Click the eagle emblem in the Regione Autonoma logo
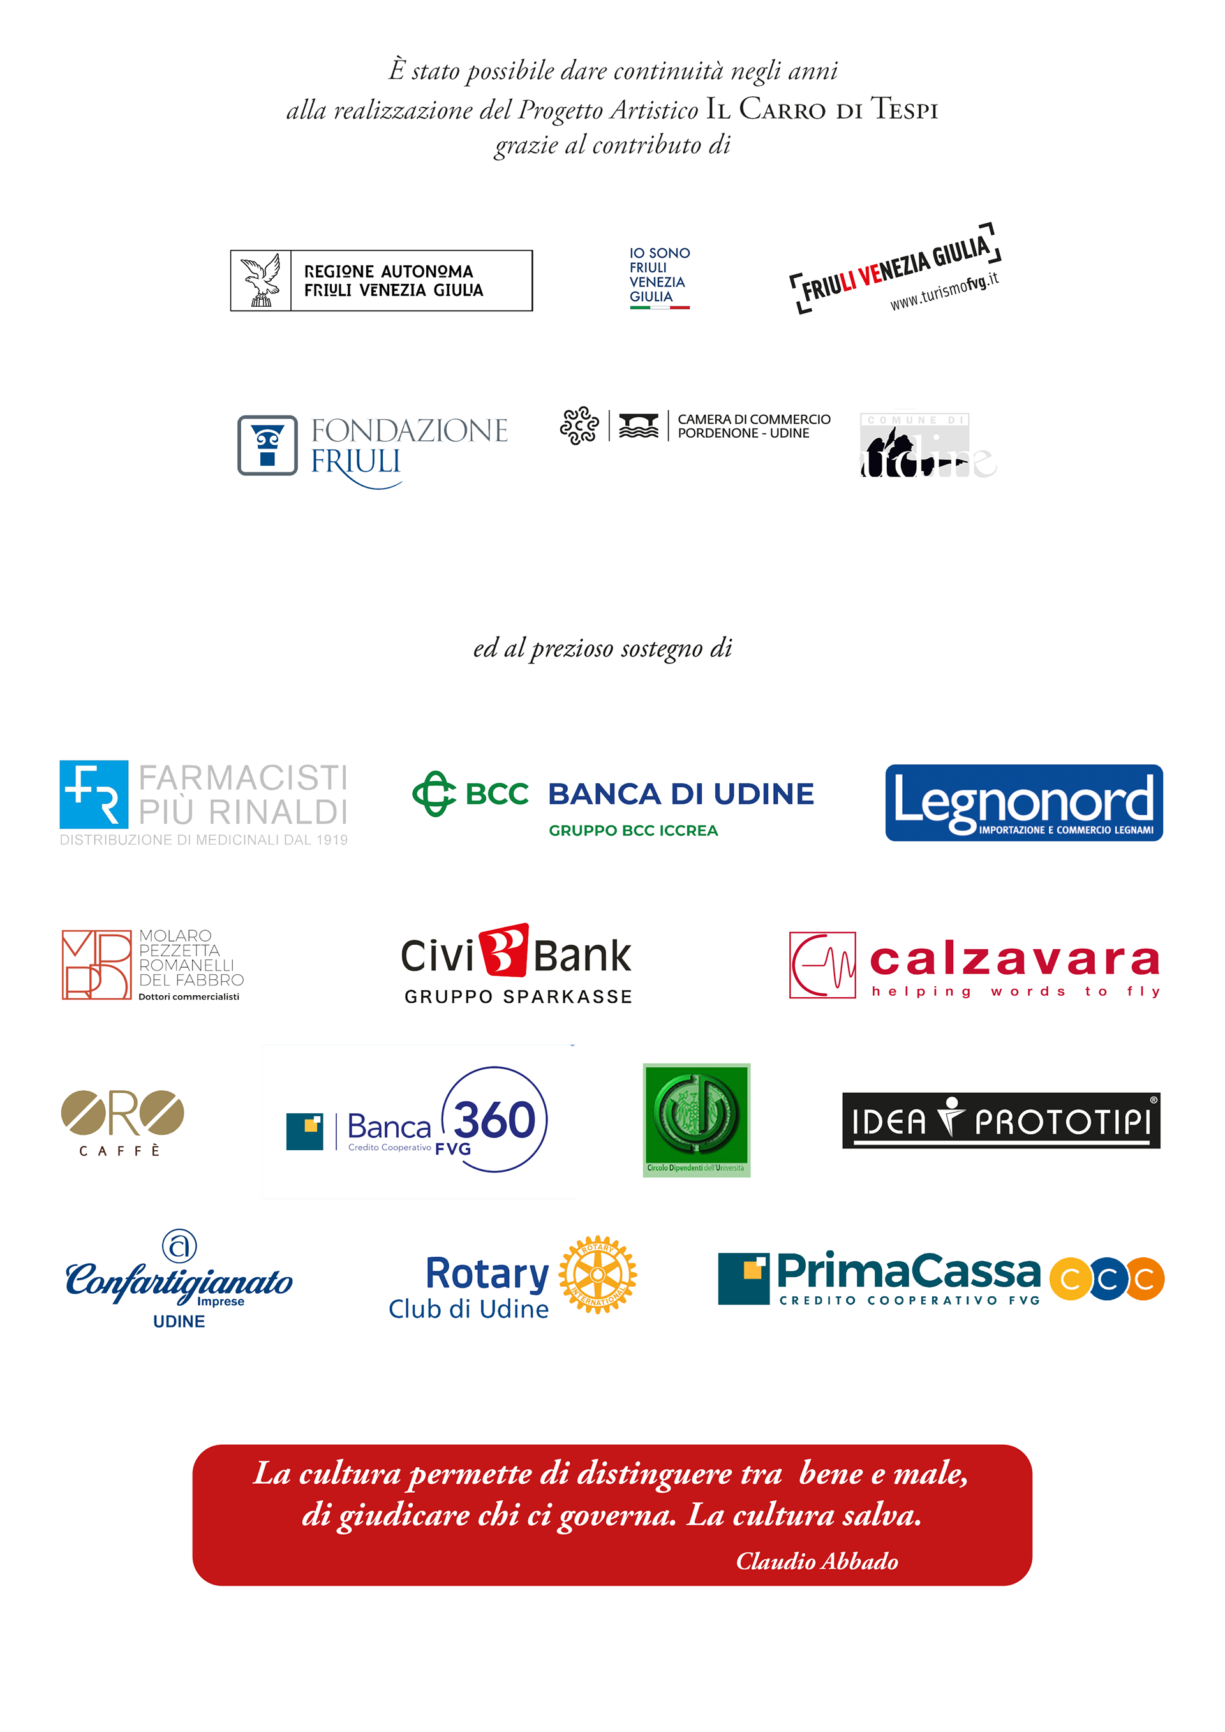click(260, 281)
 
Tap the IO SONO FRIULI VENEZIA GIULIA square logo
click(660, 279)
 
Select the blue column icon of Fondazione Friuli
click(267, 445)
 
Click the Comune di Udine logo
click(930, 445)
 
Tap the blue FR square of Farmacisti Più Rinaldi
click(94, 794)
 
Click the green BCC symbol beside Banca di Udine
click(434, 794)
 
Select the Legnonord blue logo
click(1023, 803)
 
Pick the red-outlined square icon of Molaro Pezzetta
click(96, 965)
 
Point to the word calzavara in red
click(1014, 960)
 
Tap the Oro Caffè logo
click(122, 1121)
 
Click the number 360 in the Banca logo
click(495, 1119)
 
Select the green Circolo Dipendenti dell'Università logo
click(696, 1120)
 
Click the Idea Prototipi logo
click(1001, 1121)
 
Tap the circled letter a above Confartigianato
click(179, 1245)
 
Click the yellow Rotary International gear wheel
click(597, 1275)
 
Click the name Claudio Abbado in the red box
click(817, 1561)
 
